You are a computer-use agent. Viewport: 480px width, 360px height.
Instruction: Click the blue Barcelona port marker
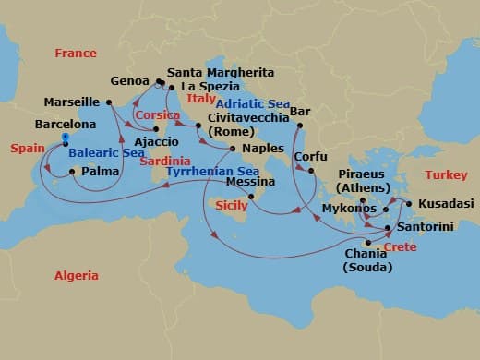click(66, 138)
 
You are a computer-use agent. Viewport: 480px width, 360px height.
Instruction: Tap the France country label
click(75, 54)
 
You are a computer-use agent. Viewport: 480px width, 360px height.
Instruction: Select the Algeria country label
click(76, 275)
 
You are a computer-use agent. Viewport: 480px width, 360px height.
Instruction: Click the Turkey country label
click(445, 175)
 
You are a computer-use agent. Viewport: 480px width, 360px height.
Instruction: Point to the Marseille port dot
click(108, 102)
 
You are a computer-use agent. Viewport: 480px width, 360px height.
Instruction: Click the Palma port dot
click(72, 171)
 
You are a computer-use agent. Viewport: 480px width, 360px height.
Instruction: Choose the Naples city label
click(261, 148)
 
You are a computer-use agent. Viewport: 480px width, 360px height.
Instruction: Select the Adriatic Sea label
click(251, 104)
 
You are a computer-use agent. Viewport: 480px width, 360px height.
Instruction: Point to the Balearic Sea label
click(103, 154)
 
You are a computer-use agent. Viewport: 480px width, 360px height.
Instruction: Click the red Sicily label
click(231, 206)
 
